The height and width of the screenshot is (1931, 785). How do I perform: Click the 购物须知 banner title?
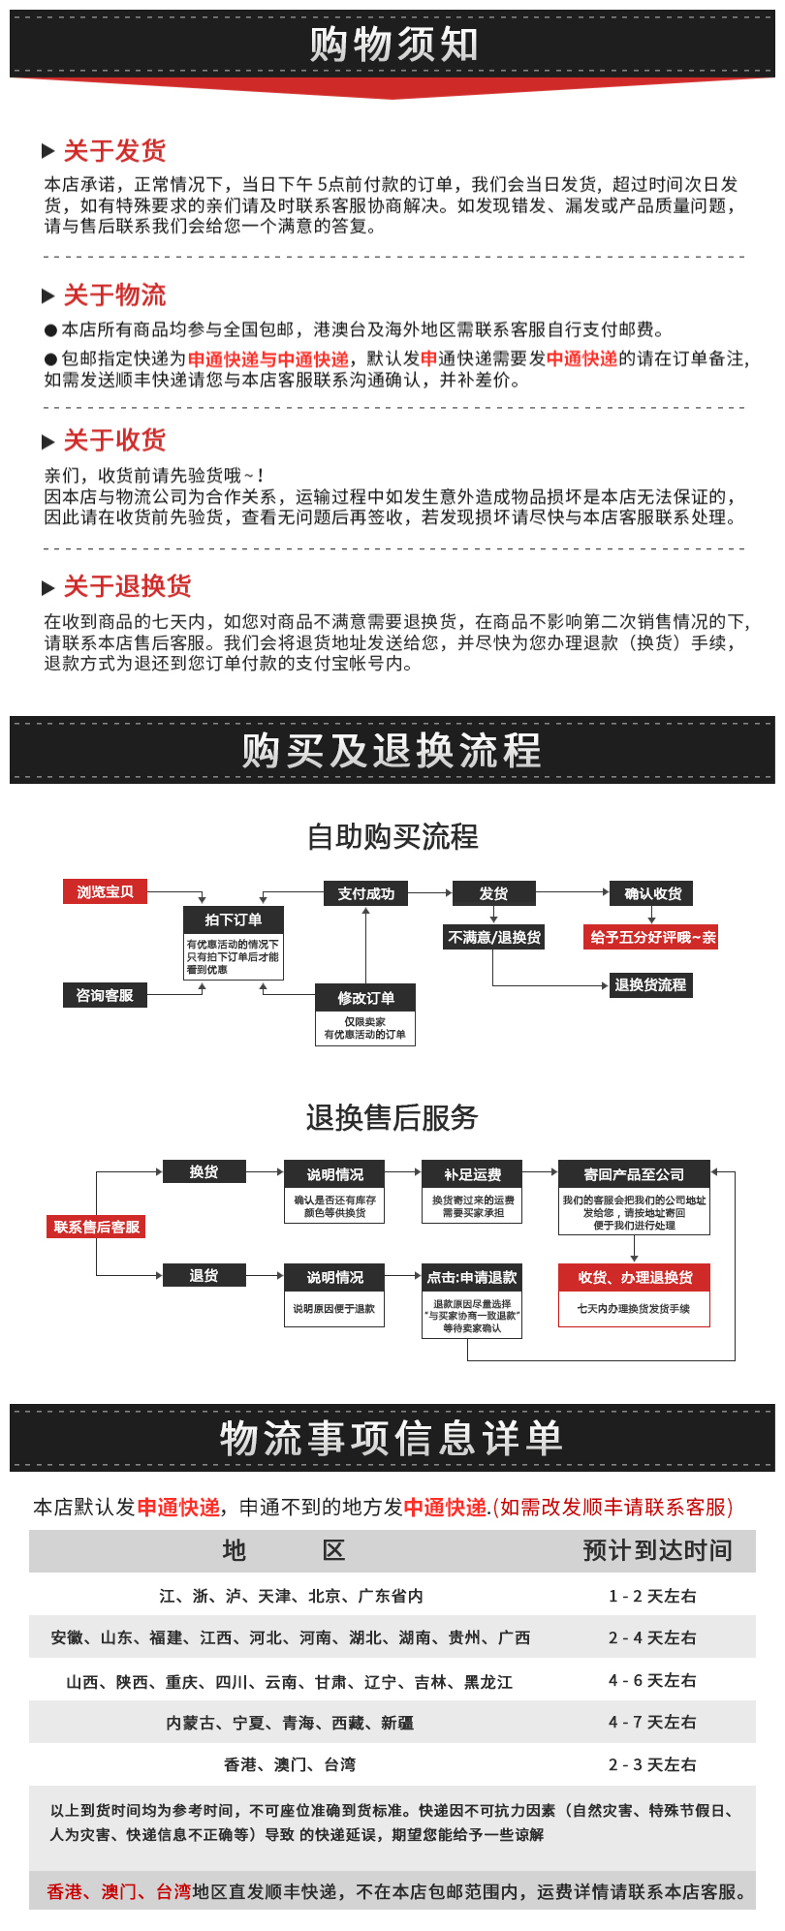coord(392,45)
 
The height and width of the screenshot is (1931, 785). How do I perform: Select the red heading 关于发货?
coord(114,151)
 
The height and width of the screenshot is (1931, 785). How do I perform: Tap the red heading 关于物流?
coord(114,296)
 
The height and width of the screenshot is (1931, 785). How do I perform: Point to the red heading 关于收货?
coord(114,441)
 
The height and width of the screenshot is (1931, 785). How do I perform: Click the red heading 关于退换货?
coord(127,586)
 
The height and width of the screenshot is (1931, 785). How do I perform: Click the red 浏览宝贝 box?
coord(105,891)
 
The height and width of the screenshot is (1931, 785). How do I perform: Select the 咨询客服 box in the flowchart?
coord(105,995)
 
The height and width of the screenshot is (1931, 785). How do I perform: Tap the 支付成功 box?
coord(365,893)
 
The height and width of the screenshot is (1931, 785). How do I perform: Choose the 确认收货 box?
coord(652,893)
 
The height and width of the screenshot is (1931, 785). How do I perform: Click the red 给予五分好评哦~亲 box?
coord(652,937)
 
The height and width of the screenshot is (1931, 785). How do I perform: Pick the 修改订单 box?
coord(365,998)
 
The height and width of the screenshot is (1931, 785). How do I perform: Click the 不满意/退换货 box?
coord(494,937)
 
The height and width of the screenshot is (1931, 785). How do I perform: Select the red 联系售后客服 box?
coord(97,1227)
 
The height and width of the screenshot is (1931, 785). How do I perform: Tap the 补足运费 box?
coord(472,1174)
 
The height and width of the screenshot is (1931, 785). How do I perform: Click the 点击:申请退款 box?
coord(472,1277)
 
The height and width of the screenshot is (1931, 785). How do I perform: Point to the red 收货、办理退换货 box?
coord(635,1277)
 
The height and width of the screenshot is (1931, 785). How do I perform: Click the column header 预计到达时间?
coord(657,1550)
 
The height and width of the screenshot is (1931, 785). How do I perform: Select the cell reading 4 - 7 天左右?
coord(652,1722)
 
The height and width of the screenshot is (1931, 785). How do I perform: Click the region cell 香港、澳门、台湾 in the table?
coord(290,1764)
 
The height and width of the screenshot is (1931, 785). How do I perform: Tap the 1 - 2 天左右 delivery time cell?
coord(652,1596)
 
